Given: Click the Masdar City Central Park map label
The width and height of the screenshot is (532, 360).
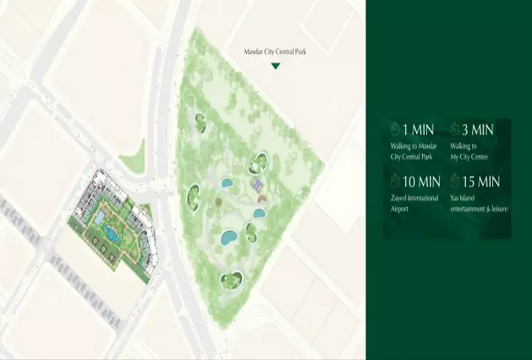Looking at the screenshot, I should [x=276, y=53].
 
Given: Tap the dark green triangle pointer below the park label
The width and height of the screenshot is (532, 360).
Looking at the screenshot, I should [x=276, y=66].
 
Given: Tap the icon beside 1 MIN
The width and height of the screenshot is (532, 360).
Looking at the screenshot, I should [x=395, y=129].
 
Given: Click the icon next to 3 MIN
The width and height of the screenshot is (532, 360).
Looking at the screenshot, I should [x=455, y=129].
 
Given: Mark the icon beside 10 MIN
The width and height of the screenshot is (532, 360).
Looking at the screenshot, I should [x=395, y=182].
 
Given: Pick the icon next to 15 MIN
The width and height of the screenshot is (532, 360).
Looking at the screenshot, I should [x=455, y=182].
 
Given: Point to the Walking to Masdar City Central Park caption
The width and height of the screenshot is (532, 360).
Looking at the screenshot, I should [x=415, y=151].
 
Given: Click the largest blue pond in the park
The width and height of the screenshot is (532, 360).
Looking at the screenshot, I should [x=229, y=237].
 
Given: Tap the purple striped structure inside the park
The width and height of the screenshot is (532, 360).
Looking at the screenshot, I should [x=256, y=185].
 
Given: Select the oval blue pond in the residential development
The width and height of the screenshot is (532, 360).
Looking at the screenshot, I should [x=111, y=234].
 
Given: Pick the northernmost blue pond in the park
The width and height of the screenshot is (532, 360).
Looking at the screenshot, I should [x=226, y=183].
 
